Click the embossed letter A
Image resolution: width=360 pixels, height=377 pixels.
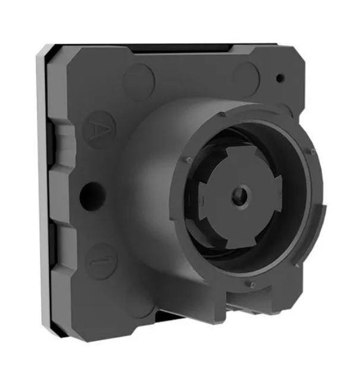pos(99,130)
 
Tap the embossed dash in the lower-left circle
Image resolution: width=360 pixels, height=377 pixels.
pos(101,262)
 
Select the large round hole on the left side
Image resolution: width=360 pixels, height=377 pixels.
pos(93,196)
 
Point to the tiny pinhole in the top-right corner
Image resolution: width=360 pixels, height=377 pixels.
pos(280,78)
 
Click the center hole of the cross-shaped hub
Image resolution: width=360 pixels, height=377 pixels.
pos(241,195)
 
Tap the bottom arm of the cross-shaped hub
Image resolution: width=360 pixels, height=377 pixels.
pos(241,240)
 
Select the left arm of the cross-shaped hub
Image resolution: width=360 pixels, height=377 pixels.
pos(204,200)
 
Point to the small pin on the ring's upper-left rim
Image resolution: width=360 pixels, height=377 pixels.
pos(189,159)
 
